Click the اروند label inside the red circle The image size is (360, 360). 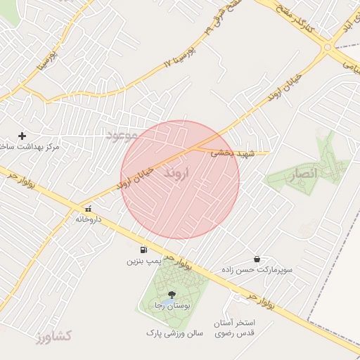(176, 174)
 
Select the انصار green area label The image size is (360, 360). (304, 173)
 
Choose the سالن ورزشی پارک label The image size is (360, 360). (174, 332)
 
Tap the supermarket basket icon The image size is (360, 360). (257, 259)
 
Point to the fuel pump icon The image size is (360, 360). (144, 250)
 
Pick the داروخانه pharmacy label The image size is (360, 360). (89, 219)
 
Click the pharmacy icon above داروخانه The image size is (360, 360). (89, 209)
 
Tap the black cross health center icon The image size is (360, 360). (22, 136)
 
